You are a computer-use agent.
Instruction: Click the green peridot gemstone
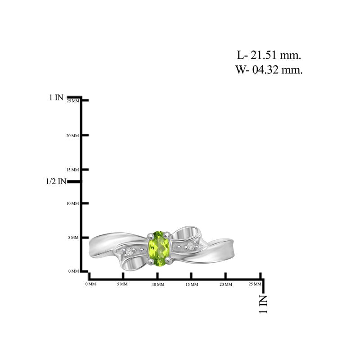[159, 249]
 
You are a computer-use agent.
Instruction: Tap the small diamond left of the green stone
[129, 252]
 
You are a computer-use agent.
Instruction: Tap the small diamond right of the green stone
[190, 246]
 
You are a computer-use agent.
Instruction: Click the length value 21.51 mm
[275, 55]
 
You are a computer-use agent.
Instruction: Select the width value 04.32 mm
[277, 70]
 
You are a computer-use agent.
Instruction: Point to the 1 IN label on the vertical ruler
[56, 97]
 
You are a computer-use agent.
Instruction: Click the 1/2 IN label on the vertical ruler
[56, 181]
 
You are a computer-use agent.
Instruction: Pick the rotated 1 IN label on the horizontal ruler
[263, 304]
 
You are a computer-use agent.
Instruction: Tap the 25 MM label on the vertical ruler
[73, 101]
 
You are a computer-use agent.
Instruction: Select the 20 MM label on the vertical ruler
[72, 136]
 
